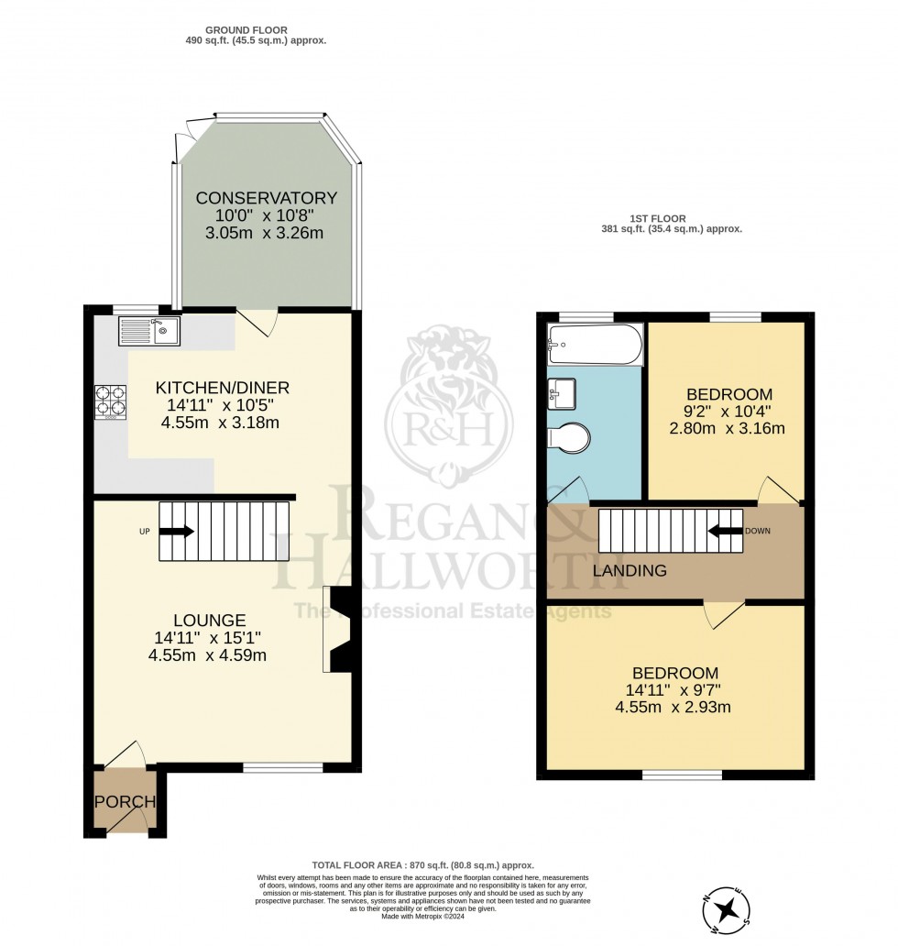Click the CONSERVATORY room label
coord(266,198)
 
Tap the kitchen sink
coord(149,330)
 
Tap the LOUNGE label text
coord(213,620)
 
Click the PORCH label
coord(125,802)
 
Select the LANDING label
coord(629,571)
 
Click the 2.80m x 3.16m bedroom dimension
coord(727,428)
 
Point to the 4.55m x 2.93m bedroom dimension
coord(674,707)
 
